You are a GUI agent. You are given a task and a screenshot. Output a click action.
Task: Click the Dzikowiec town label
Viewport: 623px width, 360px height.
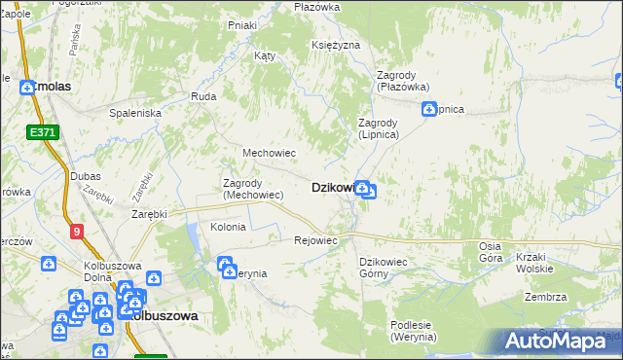pyautogui.click(x=331, y=188)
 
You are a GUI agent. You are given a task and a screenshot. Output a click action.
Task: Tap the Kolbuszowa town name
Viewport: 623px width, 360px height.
pyautogui.click(x=165, y=316)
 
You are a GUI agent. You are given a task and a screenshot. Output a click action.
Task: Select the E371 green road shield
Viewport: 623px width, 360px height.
pyautogui.click(x=42, y=132)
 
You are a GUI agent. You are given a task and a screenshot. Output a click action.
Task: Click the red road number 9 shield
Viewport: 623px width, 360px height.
pyautogui.click(x=76, y=231)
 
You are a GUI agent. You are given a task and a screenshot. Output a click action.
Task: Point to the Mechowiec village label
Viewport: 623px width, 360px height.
pyautogui.click(x=269, y=153)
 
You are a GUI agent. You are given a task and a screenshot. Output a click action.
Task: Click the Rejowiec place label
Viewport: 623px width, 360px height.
pyautogui.click(x=315, y=240)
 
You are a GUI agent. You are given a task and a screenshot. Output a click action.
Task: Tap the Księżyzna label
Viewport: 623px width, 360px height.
pyautogui.click(x=336, y=46)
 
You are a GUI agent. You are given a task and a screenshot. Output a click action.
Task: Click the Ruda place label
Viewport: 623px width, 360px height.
pyautogui.click(x=203, y=96)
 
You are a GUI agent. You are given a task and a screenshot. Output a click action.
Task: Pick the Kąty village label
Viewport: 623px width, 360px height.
pyautogui.click(x=265, y=55)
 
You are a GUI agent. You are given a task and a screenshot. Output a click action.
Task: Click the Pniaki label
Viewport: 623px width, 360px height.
pyautogui.click(x=240, y=25)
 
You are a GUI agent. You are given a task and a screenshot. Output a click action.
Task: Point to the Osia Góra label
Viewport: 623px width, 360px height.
pyautogui.click(x=491, y=252)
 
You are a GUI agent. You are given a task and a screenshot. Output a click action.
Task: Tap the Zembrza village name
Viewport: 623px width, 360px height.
pyautogui.click(x=545, y=297)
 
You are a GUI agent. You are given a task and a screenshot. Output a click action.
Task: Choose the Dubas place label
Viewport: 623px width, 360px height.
pyautogui.click(x=86, y=176)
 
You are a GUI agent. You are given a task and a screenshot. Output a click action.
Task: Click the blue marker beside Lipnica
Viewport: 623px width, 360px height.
pyautogui.click(x=428, y=109)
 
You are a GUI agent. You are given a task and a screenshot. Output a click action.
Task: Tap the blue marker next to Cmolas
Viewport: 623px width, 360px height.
pyautogui.click(x=27, y=87)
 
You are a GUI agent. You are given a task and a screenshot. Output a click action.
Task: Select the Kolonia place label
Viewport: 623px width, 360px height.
pyautogui.click(x=229, y=227)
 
